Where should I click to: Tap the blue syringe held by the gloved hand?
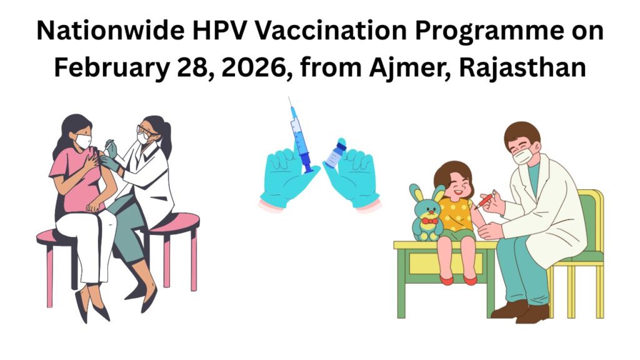[x=299, y=137]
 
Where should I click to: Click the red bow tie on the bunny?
[x=428, y=220]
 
